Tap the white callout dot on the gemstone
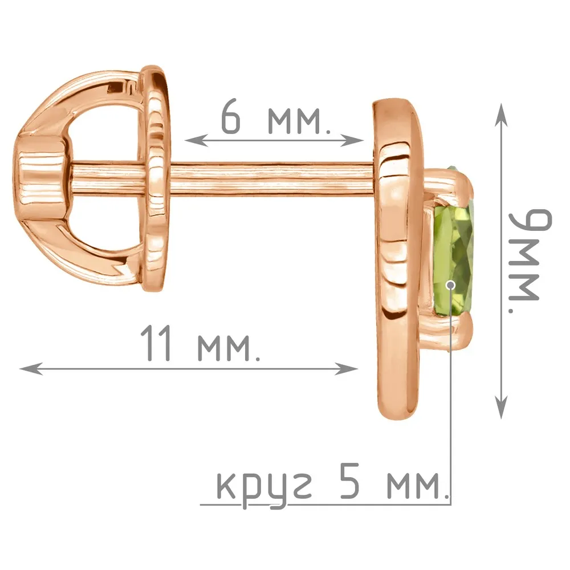click(451, 284)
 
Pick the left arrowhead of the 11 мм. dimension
click(31, 369)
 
